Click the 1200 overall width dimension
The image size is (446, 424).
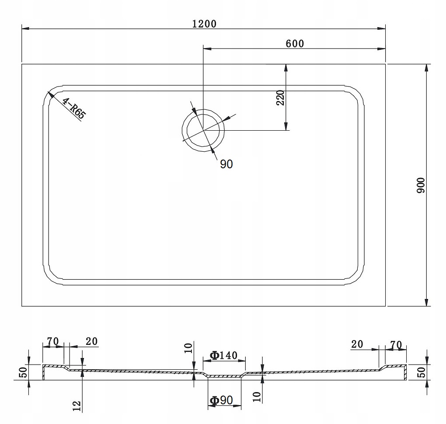(x=204, y=24)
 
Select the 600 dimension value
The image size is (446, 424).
(x=294, y=43)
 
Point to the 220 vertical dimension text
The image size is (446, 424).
(x=281, y=98)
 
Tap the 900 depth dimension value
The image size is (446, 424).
(x=421, y=186)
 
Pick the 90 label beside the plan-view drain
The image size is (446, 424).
(x=226, y=164)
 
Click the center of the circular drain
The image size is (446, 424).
(x=203, y=130)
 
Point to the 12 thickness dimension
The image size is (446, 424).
(x=77, y=407)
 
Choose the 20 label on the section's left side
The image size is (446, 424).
(x=91, y=341)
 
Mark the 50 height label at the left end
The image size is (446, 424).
(x=24, y=372)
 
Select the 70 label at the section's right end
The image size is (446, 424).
(x=396, y=344)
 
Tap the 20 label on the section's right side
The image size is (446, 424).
(x=357, y=344)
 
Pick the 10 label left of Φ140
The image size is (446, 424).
(x=188, y=348)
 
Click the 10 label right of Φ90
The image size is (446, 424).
(x=257, y=396)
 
